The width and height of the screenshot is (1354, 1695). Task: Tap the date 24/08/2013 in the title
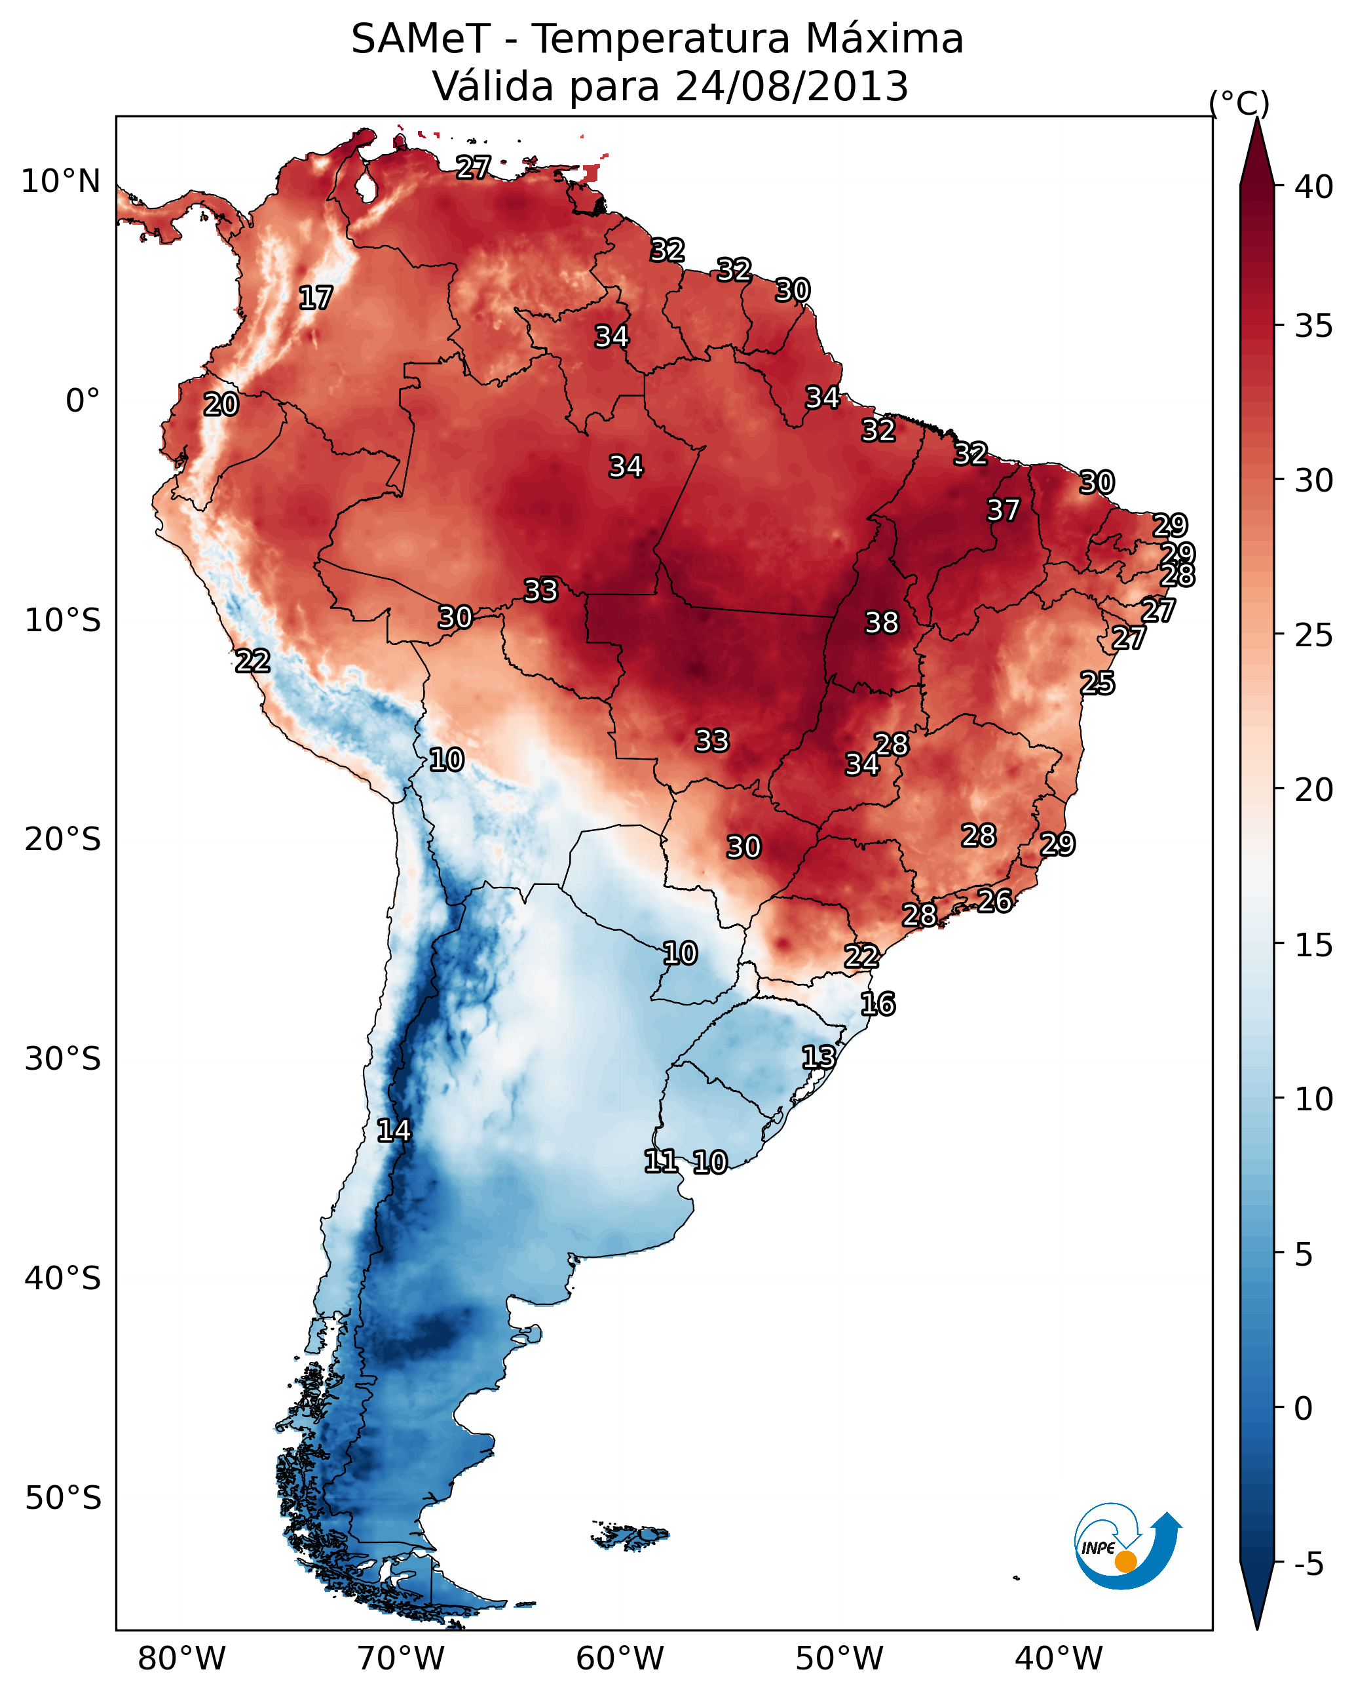(791, 87)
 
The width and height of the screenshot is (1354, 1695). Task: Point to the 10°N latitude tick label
(60, 182)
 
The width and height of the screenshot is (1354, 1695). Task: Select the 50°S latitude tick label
(63, 1498)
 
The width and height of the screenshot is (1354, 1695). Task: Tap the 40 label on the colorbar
(1314, 187)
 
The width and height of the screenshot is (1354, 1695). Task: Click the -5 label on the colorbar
(1308, 1565)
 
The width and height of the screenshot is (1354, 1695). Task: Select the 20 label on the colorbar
(1314, 790)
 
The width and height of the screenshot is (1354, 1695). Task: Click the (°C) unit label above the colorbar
(1239, 103)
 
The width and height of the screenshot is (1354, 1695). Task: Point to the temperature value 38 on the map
(881, 623)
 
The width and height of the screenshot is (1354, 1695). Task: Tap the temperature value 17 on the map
(316, 298)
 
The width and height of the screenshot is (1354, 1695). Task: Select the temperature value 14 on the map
(394, 1131)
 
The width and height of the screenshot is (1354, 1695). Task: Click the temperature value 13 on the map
(818, 1057)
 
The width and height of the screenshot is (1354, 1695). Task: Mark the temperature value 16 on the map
(877, 1004)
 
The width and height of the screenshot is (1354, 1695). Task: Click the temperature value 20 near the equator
(221, 405)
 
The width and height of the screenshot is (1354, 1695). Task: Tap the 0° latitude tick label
(83, 401)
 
